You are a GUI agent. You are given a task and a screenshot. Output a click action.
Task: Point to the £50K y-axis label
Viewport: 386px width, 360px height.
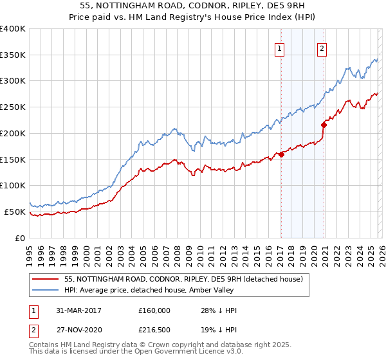[x=15, y=212]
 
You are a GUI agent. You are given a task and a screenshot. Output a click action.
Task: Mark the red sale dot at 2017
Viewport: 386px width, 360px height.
[x=281, y=154]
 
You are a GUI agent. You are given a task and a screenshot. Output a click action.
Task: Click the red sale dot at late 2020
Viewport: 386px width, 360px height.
[x=324, y=125]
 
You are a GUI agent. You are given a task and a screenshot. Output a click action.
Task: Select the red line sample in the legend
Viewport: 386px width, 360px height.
[x=46, y=279]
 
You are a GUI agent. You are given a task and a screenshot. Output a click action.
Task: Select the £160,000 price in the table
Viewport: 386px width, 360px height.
[x=154, y=310]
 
